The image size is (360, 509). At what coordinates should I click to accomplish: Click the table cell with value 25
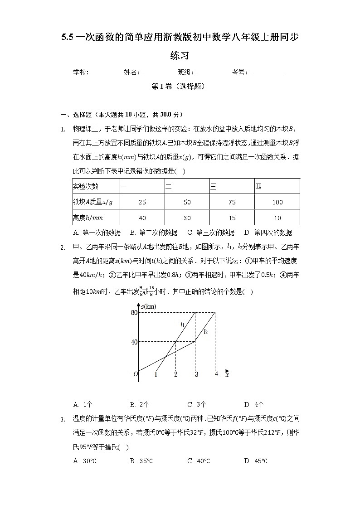click(x=142, y=202)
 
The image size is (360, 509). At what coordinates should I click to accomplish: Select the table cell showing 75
click(x=232, y=202)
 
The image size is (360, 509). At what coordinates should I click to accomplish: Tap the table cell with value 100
click(x=277, y=202)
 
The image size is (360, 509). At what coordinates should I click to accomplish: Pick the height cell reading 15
click(x=232, y=218)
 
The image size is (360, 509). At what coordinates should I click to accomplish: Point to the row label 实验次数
click(x=86, y=186)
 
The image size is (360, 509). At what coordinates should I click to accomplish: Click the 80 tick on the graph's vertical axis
click(x=134, y=312)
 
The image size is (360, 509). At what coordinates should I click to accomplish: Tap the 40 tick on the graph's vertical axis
click(x=134, y=342)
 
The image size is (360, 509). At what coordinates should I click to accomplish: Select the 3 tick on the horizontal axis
click(x=196, y=374)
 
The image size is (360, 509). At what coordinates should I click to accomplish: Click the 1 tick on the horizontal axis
click(x=156, y=374)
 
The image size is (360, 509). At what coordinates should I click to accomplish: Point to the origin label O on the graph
click(x=135, y=374)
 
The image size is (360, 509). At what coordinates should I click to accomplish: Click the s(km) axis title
click(x=148, y=307)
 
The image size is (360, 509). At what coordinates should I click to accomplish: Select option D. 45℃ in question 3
click(x=255, y=461)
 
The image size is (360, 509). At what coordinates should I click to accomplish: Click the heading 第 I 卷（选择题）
click(x=180, y=86)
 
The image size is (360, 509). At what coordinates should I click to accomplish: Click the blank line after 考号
click(x=268, y=72)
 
